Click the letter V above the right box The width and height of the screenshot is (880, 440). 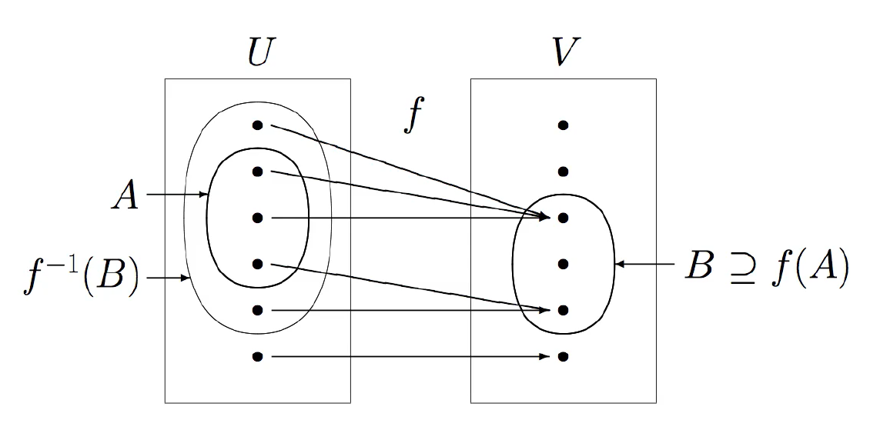564,52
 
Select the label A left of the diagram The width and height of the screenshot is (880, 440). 125,195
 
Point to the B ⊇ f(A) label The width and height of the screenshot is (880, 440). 767,265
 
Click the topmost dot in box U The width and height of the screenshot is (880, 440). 257,125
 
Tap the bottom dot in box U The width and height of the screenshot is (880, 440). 257,357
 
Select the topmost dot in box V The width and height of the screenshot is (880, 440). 563,125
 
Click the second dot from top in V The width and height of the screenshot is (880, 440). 563,172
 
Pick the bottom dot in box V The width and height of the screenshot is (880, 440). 563,357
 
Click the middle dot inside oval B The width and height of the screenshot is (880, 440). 563,265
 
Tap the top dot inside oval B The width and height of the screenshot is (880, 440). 563,218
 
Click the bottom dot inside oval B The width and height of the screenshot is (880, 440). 563,311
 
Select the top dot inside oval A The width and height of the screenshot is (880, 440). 257,172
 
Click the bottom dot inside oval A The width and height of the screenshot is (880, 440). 257,265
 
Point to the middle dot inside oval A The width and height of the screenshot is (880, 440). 257,218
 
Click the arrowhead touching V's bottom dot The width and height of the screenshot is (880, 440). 546,357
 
